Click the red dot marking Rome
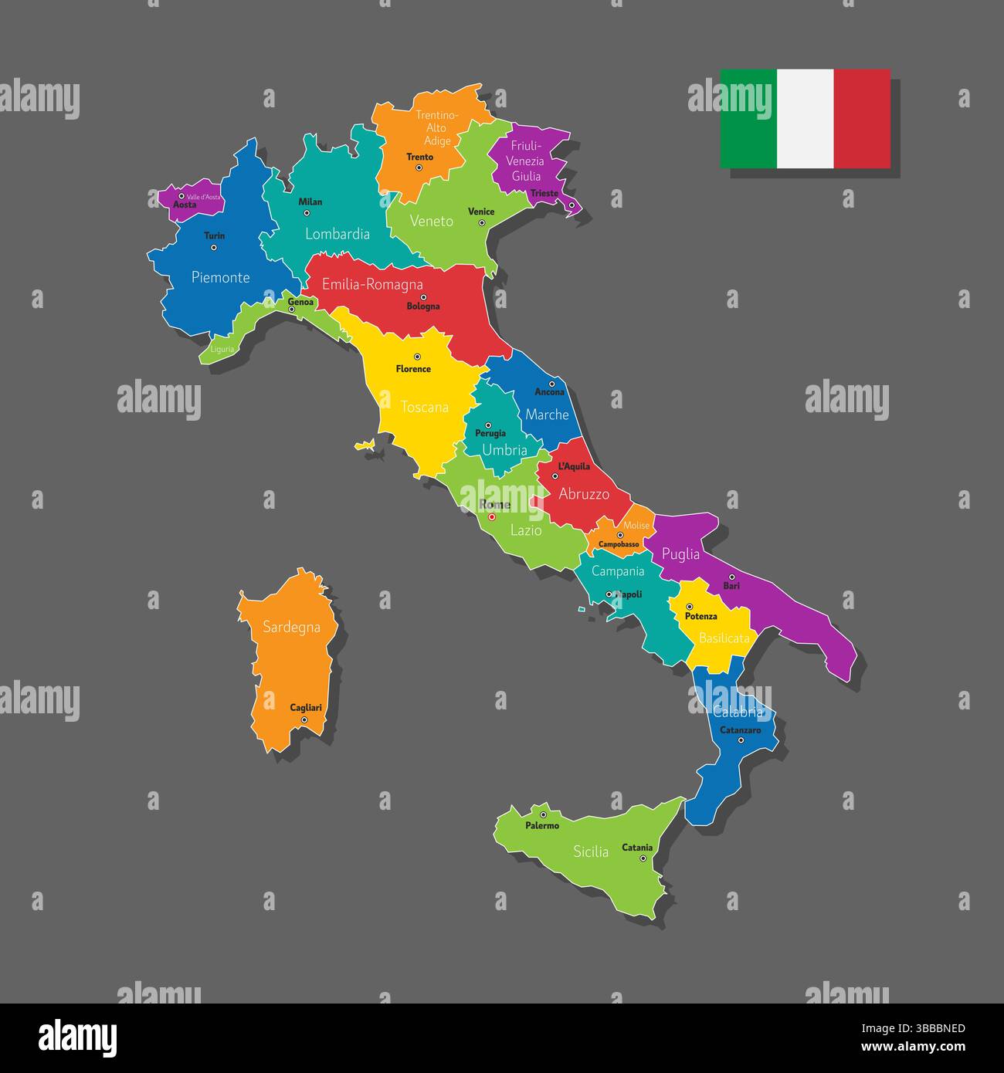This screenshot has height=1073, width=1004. (491, 517)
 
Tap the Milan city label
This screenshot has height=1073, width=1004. (310, 202)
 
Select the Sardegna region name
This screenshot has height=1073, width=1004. (291, 628)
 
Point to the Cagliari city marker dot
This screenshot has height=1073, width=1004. (304, 719)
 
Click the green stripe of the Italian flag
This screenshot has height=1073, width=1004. (748, 119)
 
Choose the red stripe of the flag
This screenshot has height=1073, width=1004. (862, 119)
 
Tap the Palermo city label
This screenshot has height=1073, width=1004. (542, 826)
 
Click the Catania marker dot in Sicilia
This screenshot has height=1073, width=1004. (643, 858)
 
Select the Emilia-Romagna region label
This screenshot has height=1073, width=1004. (372, 285)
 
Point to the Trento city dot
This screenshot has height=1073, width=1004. (419, 168)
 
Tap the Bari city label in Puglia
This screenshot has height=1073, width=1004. (731, 587)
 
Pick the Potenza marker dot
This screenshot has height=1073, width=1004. (690, 606)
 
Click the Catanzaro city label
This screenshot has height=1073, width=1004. (741, 730)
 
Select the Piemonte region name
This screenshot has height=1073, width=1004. (221, 277)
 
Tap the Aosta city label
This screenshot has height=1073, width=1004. (185, 205)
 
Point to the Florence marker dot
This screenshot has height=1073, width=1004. (417, 357)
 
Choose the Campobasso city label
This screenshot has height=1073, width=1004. (619, 544)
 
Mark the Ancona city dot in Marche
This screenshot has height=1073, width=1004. (551, 384)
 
